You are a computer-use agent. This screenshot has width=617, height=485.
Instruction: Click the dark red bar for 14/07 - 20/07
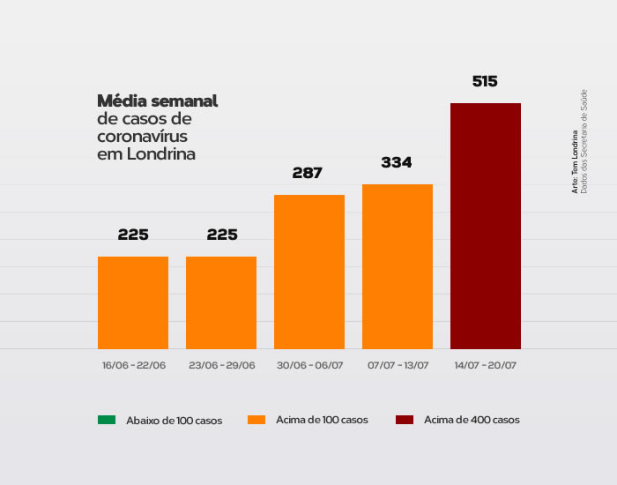485,226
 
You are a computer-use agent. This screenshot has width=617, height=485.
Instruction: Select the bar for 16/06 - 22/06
132,302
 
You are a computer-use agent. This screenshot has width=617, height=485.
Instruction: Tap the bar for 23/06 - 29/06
220,302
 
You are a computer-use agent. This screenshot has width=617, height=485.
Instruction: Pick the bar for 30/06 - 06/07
308,272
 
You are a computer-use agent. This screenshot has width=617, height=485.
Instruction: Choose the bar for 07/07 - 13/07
397,266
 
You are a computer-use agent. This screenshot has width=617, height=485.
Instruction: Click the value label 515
485,82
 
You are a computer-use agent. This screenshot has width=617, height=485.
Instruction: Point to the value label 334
397,163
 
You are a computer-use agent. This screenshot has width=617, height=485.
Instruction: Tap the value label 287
308,174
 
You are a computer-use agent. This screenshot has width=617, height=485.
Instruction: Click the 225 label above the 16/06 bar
133,235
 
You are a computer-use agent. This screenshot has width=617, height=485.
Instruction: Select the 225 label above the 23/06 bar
221,235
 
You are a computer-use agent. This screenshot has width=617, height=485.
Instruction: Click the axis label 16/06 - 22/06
133,365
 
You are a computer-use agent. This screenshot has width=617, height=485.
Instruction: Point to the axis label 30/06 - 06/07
309,365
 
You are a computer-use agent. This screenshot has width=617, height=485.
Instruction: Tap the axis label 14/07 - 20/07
486,365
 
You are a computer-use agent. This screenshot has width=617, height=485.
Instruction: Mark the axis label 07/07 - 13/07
398,365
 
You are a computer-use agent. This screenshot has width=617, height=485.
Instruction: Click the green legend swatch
107,420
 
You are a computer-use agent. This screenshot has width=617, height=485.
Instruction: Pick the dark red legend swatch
405,420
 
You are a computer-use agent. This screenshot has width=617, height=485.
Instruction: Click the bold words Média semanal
158,101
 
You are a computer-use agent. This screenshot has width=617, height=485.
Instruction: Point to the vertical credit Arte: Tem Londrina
575,163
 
